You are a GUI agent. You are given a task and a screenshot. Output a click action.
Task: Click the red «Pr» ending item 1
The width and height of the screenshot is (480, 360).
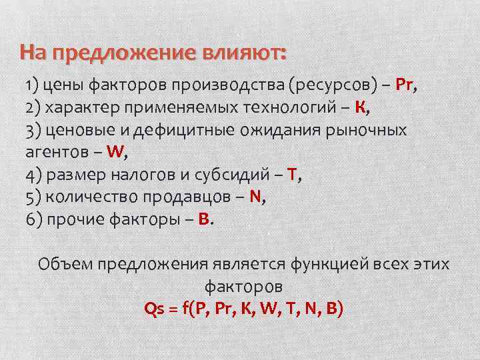(405, 86)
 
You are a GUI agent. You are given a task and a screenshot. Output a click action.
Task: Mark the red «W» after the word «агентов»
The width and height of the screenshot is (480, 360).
(115, 152)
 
